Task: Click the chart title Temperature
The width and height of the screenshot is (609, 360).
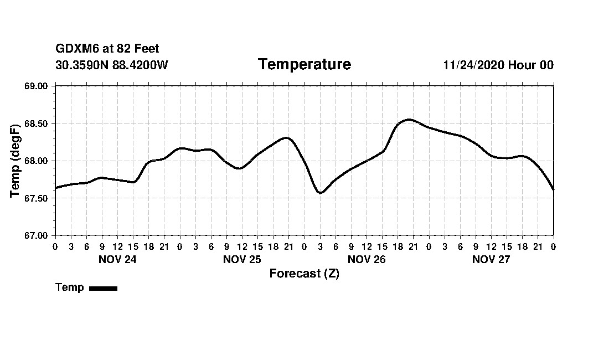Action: point(304,65)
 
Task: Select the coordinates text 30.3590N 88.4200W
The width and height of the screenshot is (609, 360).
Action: point(111,65)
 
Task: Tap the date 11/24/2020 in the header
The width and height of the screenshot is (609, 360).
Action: point(473,65)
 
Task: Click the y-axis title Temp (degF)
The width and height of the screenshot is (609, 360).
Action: point(16,161)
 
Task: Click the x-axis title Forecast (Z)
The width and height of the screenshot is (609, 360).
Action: point(304,273)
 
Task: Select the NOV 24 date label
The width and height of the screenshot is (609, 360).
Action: point(117,259)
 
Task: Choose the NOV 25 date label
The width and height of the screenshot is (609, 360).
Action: point(242,259)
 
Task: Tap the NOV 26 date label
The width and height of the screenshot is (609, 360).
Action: point(367,259)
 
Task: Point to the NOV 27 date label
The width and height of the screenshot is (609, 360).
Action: point(491,259)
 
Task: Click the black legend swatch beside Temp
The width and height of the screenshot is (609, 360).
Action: point(103,288)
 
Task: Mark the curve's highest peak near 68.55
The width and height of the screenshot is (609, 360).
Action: point(409,119)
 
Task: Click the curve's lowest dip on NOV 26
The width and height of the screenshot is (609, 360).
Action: point(320,193)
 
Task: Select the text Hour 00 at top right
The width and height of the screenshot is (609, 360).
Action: point(531,65)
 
